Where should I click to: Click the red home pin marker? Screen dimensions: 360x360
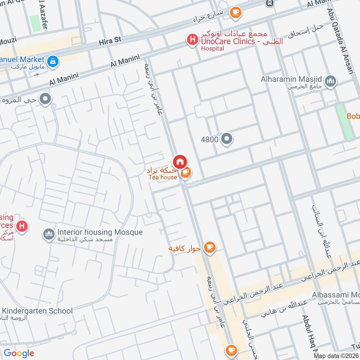tap(180, 162)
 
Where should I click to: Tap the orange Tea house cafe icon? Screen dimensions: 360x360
tap(185, 172)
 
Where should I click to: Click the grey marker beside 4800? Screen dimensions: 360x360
tap(227, 140)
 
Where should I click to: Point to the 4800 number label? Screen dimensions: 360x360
tap(209, 140)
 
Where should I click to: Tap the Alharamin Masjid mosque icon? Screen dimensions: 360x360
tap(332, 81)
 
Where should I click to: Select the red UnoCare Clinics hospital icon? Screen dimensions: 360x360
tap(192, 40)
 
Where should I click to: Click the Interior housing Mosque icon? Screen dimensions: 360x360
tap(49, 234)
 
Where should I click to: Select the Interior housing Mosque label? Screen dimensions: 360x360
tap(99, 233)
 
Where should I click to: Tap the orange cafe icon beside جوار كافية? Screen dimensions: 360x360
tap(209, 247)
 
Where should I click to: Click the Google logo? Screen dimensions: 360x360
tap(19, 353)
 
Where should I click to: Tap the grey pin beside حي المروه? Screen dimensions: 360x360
tap(45, 99)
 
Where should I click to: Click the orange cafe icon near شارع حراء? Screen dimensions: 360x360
tap(235, 13)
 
